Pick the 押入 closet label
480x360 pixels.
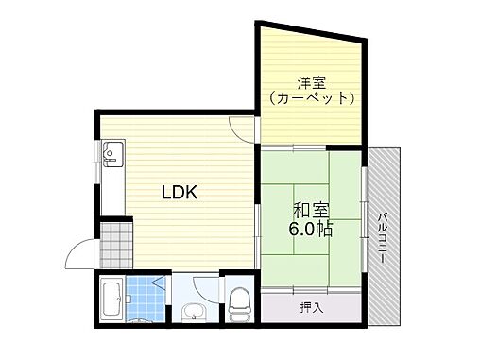click(x=310, y=308)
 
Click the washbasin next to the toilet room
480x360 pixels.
click(x=195, y=311)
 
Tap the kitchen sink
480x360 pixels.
click(x=110, y=151)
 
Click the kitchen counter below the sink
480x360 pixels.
click(x=110, y=189)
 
